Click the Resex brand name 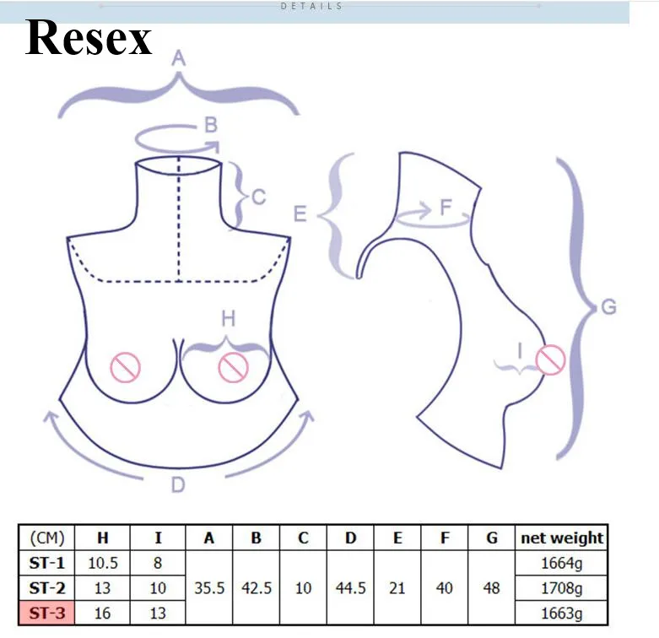(89, 37)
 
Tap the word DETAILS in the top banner (311, 6)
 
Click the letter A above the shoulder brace (179, 58)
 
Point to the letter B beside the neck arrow (211, 125)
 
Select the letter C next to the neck (259, 197)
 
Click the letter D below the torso (178, 485)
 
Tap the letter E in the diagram (300, 214)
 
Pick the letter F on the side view (446, 208)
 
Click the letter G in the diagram (608, 307)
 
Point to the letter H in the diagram (228, 319)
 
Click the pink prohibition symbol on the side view (550, 360)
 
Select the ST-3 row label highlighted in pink (46, 614)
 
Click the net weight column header (562, 538)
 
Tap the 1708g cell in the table (561, 588)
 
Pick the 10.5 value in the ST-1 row (103, 563)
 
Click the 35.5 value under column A (209, 588)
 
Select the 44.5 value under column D (350, 588)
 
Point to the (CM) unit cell (47, 538)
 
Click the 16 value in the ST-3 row (103, 614)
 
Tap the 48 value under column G (491, 588)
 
